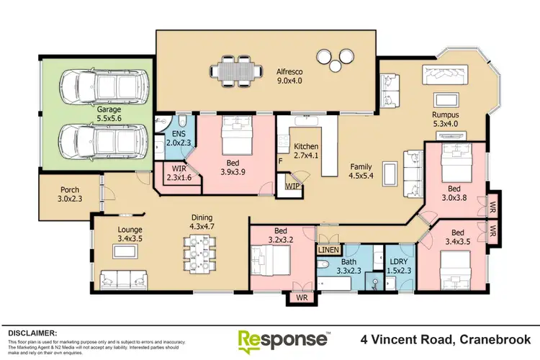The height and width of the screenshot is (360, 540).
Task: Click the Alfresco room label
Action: tap(289, 76)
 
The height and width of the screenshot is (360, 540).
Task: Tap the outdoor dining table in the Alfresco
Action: tap(237, 71)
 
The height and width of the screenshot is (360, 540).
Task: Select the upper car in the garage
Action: tap(104, 86)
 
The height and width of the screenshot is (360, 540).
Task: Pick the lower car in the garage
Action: tap(104, 142)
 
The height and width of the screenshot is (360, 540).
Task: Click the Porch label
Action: tap(70, 194)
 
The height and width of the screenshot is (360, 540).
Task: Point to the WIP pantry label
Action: tap(293, 186)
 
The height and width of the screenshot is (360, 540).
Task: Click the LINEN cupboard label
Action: tap(328, 250)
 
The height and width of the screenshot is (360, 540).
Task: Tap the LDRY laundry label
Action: tap(399, 266)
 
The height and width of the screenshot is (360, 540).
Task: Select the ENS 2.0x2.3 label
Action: tap(179, 138)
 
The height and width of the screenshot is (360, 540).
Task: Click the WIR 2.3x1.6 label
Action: tap(179, 173)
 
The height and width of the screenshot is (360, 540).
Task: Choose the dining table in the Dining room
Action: tap(200, 254)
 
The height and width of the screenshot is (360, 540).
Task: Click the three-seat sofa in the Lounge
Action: tap(124, 280)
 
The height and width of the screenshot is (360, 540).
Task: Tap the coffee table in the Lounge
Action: tap(125, 251)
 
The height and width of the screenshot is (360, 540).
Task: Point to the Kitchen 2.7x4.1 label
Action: tap(306, 150)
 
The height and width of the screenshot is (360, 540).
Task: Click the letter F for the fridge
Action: tap(280, 161)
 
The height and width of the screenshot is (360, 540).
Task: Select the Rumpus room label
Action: tap(445, 120)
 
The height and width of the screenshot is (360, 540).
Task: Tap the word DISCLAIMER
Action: tap(32, 333)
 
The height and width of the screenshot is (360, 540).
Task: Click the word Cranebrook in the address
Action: tap(495, 340)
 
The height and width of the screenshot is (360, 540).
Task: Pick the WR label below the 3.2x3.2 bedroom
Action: tap(302, 297)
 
